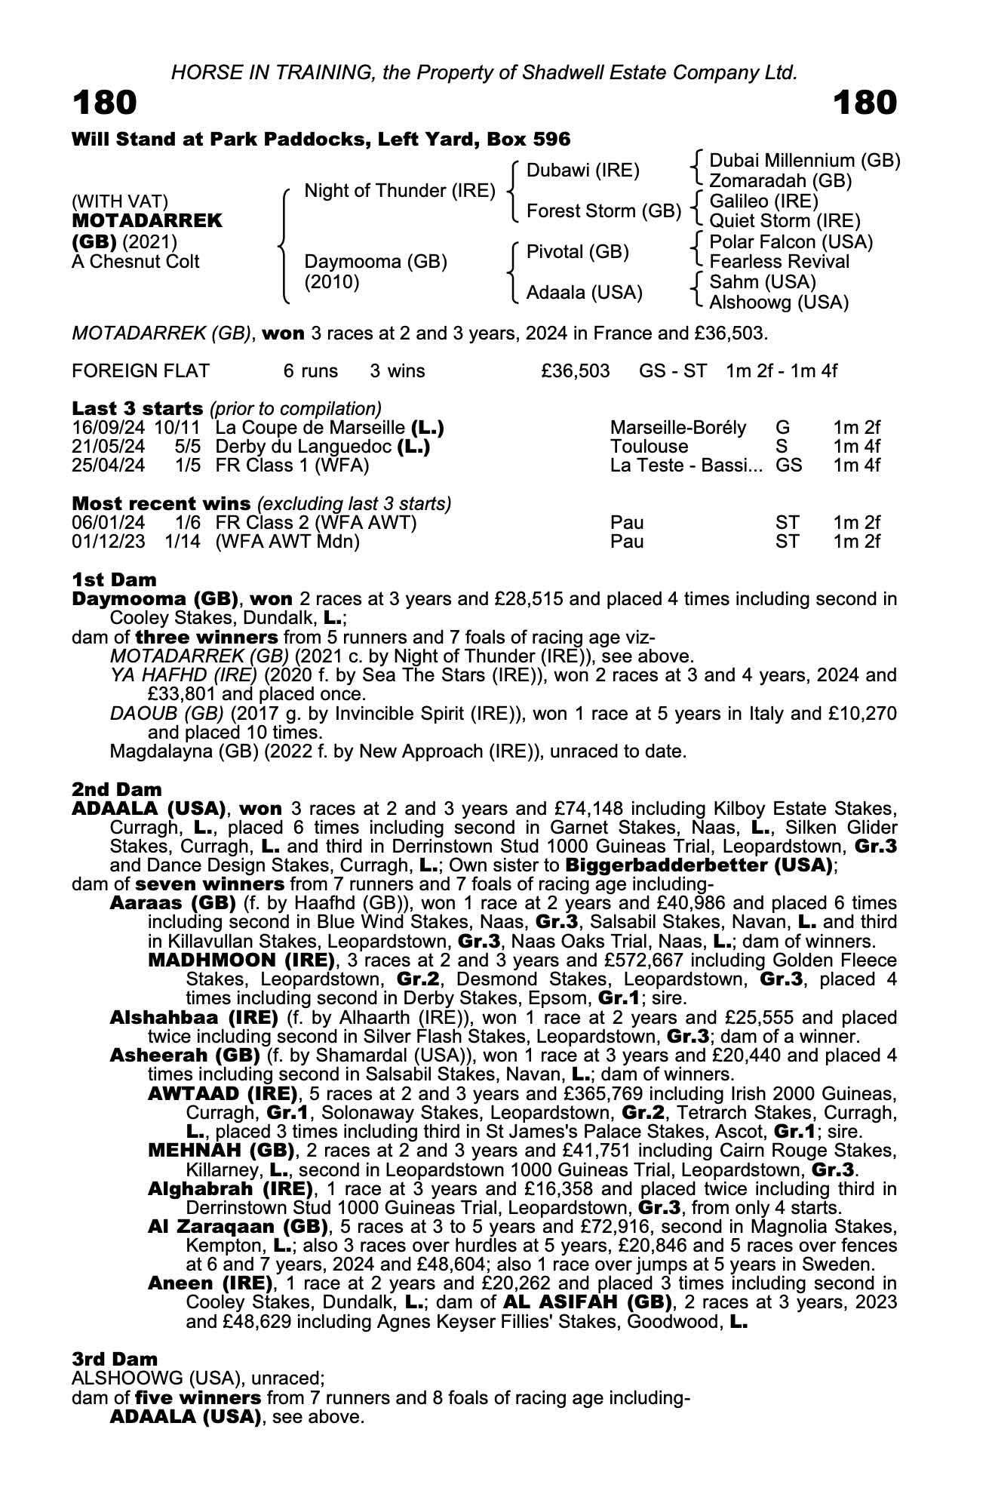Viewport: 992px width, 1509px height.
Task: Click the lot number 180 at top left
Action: (x=105, y=103)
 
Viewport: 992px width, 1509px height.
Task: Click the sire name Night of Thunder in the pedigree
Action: (x=399, y=191)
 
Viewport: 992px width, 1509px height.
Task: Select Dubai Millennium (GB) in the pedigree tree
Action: (x=804, y=161)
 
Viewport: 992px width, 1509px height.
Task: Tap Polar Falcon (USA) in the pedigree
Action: (x=791, y=242)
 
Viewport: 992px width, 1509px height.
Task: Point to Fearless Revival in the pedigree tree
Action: (x=779, y=262)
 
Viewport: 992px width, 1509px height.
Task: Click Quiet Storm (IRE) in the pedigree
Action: (x=785, y=221)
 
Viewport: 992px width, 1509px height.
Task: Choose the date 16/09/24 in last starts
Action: (x=109, y=429)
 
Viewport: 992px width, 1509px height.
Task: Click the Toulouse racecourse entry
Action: (x=649, y=447)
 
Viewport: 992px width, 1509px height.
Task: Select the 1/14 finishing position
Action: (x=183, y=542)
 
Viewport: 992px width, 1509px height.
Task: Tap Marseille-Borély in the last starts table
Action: (x=677, y=429)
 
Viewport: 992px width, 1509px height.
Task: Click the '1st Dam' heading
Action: (x=114, y=579)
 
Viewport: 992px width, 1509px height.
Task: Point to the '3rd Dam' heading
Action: (x=115, y=1359)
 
